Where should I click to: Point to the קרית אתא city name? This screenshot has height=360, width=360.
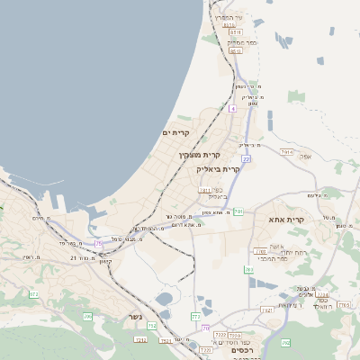(287, 219)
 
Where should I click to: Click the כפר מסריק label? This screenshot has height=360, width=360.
(242, 42)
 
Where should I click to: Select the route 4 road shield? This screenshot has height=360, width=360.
(231, 109)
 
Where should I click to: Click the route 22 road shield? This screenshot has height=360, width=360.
(246, 159)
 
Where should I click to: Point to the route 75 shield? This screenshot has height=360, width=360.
(98, 243)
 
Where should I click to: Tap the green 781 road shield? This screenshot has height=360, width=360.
(238, 211)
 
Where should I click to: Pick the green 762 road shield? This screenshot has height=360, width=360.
(247, 269)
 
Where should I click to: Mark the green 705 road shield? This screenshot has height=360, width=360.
(87, 317)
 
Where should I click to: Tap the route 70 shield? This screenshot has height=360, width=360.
(205, 328)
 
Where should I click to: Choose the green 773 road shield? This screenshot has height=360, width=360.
(195, 317)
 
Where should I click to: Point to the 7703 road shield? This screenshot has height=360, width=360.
(140, 339)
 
